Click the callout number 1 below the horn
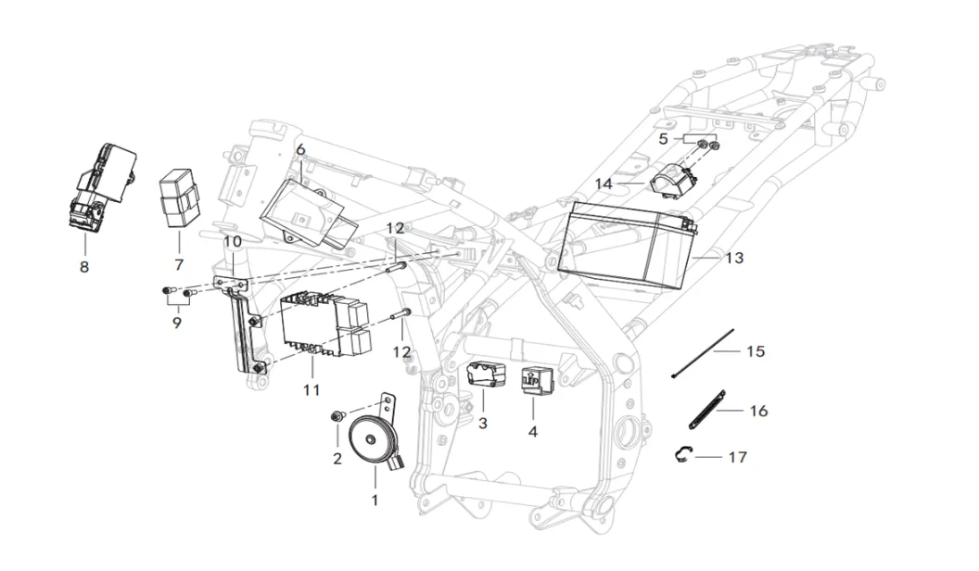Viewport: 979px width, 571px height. pos(375,500)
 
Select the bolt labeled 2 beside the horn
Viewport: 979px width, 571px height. pos(337,418)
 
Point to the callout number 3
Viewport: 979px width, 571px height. pos(482,424)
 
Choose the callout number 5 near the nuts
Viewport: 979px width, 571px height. pos(663,139)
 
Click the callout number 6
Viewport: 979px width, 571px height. pos(300,149)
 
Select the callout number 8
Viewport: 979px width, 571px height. pos(84,266)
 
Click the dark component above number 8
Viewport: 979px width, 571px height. pos(103,184)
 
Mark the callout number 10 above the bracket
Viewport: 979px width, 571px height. pos(233,241)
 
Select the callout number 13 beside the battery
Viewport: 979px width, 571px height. pos(734,258)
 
